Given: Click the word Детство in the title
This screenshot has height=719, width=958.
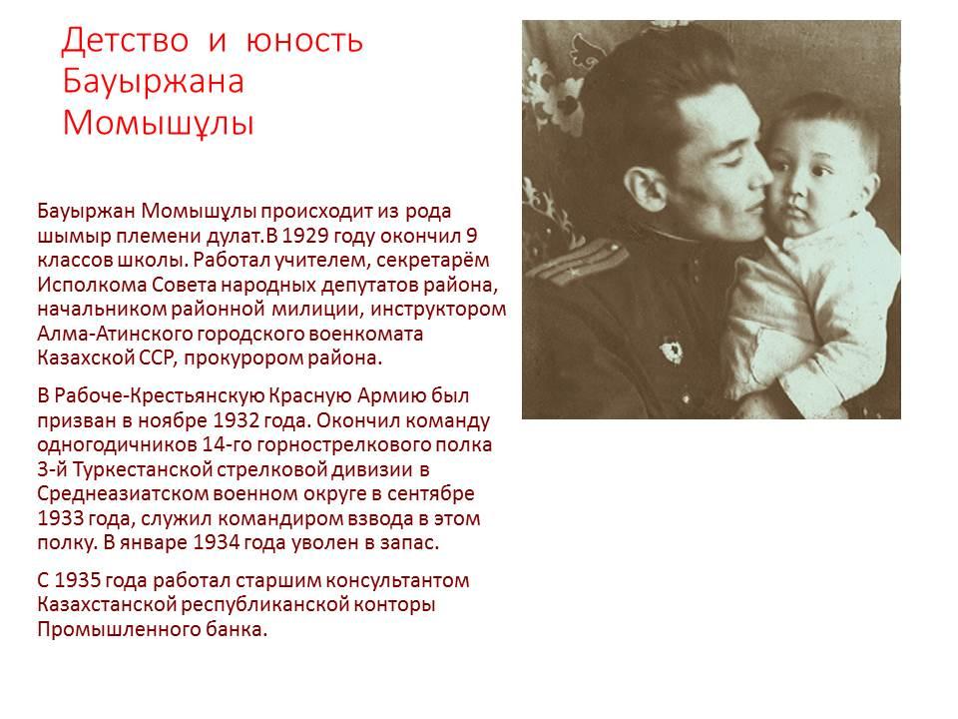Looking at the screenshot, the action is pyautogui.click(x=125, y=40).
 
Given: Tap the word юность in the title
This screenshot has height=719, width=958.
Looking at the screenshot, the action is pyautogui.click(x=304, y=41).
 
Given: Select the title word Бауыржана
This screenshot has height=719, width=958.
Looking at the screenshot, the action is pyautogui.click(x=153, y=81).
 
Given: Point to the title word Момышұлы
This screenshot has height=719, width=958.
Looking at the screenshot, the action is pyautogui.click(x=158, y=122).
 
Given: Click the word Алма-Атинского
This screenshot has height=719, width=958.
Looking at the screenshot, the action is pyautogui.click(x=115, y=334).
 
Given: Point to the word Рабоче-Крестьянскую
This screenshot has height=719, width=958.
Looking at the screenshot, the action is pyautogui.click(x=159, y=396).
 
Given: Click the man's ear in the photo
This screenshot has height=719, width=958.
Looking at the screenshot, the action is pyautogui.click(x=645, y=188).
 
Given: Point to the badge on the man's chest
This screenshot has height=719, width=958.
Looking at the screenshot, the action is pyautogui.click(x=672, y=353).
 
